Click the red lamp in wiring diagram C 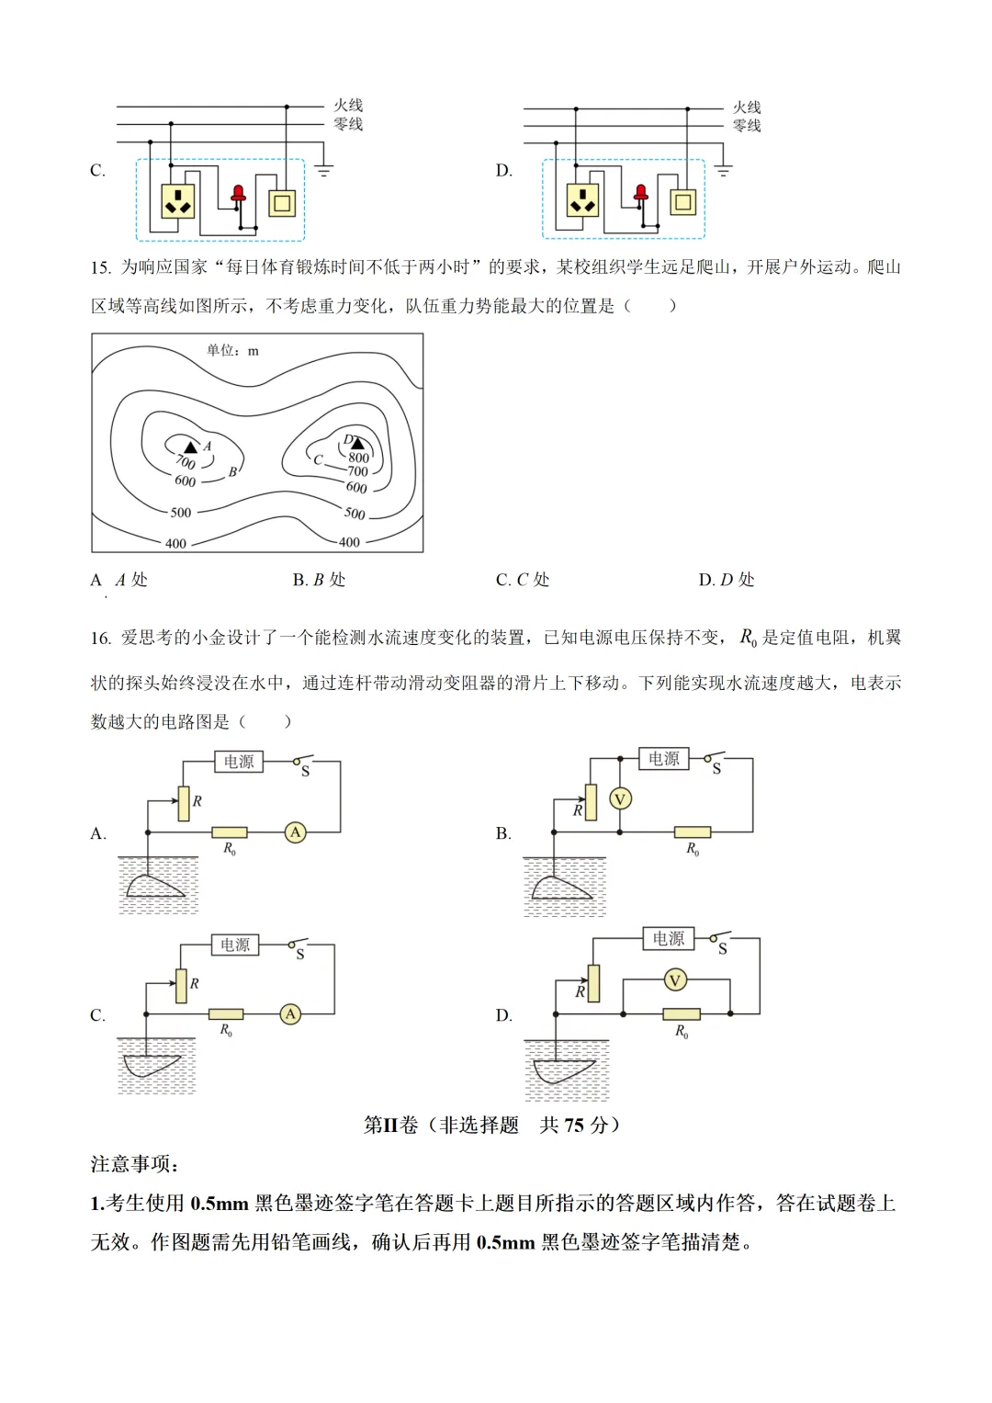(238, 194)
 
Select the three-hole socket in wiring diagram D (582, 200)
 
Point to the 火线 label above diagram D (746, 107)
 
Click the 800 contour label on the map (358, 458)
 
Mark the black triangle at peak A (191, 447)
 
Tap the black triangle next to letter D (357, 445)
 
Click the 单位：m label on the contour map (232, 350)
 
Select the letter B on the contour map (232, 471)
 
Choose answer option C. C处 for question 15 (522, 580)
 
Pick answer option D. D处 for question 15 (726, 580)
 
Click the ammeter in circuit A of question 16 (295, 832)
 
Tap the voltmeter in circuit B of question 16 (620, 799)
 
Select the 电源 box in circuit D (668, 938)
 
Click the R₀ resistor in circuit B (692, 832)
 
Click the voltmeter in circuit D (675, 980)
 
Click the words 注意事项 (134, 1164)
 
